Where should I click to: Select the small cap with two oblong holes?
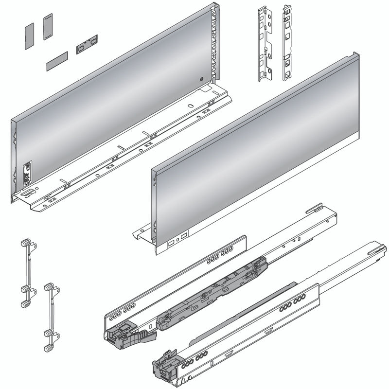(x=87, y=44)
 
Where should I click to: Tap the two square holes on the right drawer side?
(x=177, y=239)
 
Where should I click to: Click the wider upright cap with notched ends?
(x=47, y=27)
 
